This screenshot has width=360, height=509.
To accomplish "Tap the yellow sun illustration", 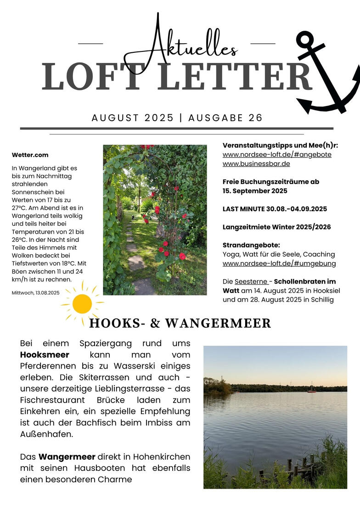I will click(x=82, y=303).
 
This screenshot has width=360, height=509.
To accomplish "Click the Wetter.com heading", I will click(x=30, y=155).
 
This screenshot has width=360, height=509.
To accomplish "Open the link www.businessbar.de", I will click(x=256, y=164).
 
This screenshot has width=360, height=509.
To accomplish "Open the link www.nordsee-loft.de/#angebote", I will click(x=277, y=155).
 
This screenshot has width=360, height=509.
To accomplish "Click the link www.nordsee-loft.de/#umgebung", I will click(x=279, y=263).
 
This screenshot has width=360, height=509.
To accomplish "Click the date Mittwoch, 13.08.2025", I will click(x=36, y=292).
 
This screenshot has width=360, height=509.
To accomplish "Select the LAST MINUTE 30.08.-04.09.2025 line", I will click(x=275, y=209).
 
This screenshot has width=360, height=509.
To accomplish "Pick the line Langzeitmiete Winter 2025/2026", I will click(x=276, y=227).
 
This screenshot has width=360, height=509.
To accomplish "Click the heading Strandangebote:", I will click(x=251, y=245).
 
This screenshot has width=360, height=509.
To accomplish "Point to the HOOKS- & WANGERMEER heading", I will click(x=180, y=323).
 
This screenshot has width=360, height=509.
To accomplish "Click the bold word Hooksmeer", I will click(x=45, y=355).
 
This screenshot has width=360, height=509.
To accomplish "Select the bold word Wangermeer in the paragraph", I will click(x=67, y=457).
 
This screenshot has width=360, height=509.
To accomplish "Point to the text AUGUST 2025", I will click(x=132, y=118).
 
